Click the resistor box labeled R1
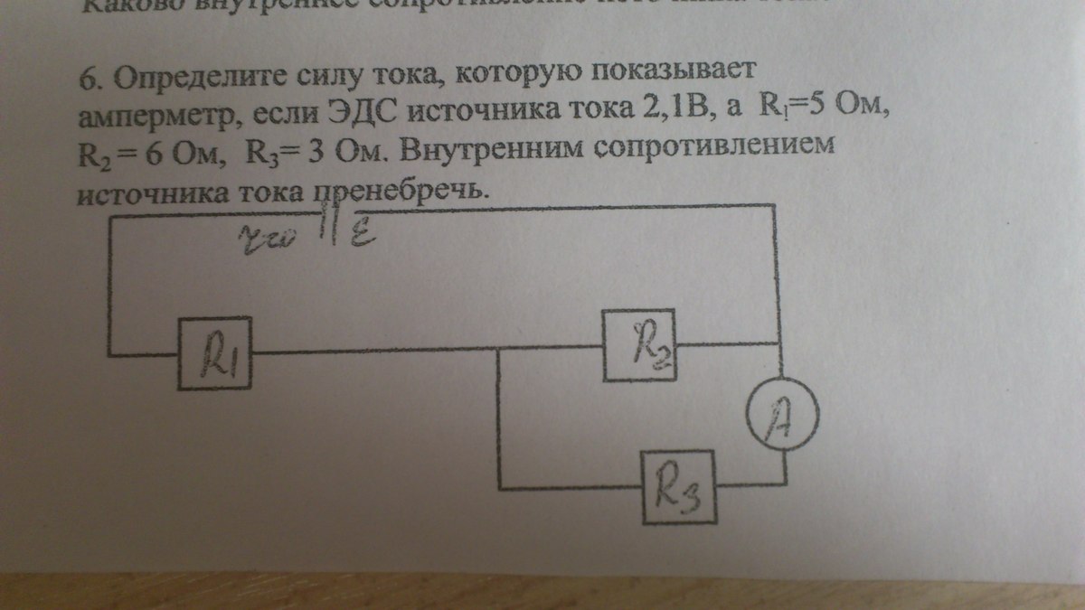coord(214,355)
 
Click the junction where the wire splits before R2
coord(498,352)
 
